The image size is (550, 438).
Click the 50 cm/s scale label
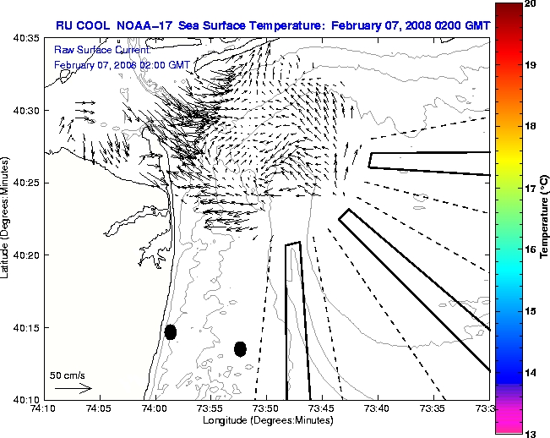coord(66,375)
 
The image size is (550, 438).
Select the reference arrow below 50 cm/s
coord(74,388)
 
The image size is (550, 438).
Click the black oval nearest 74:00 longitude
coord(171,331)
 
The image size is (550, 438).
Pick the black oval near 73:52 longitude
coord(240,348)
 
